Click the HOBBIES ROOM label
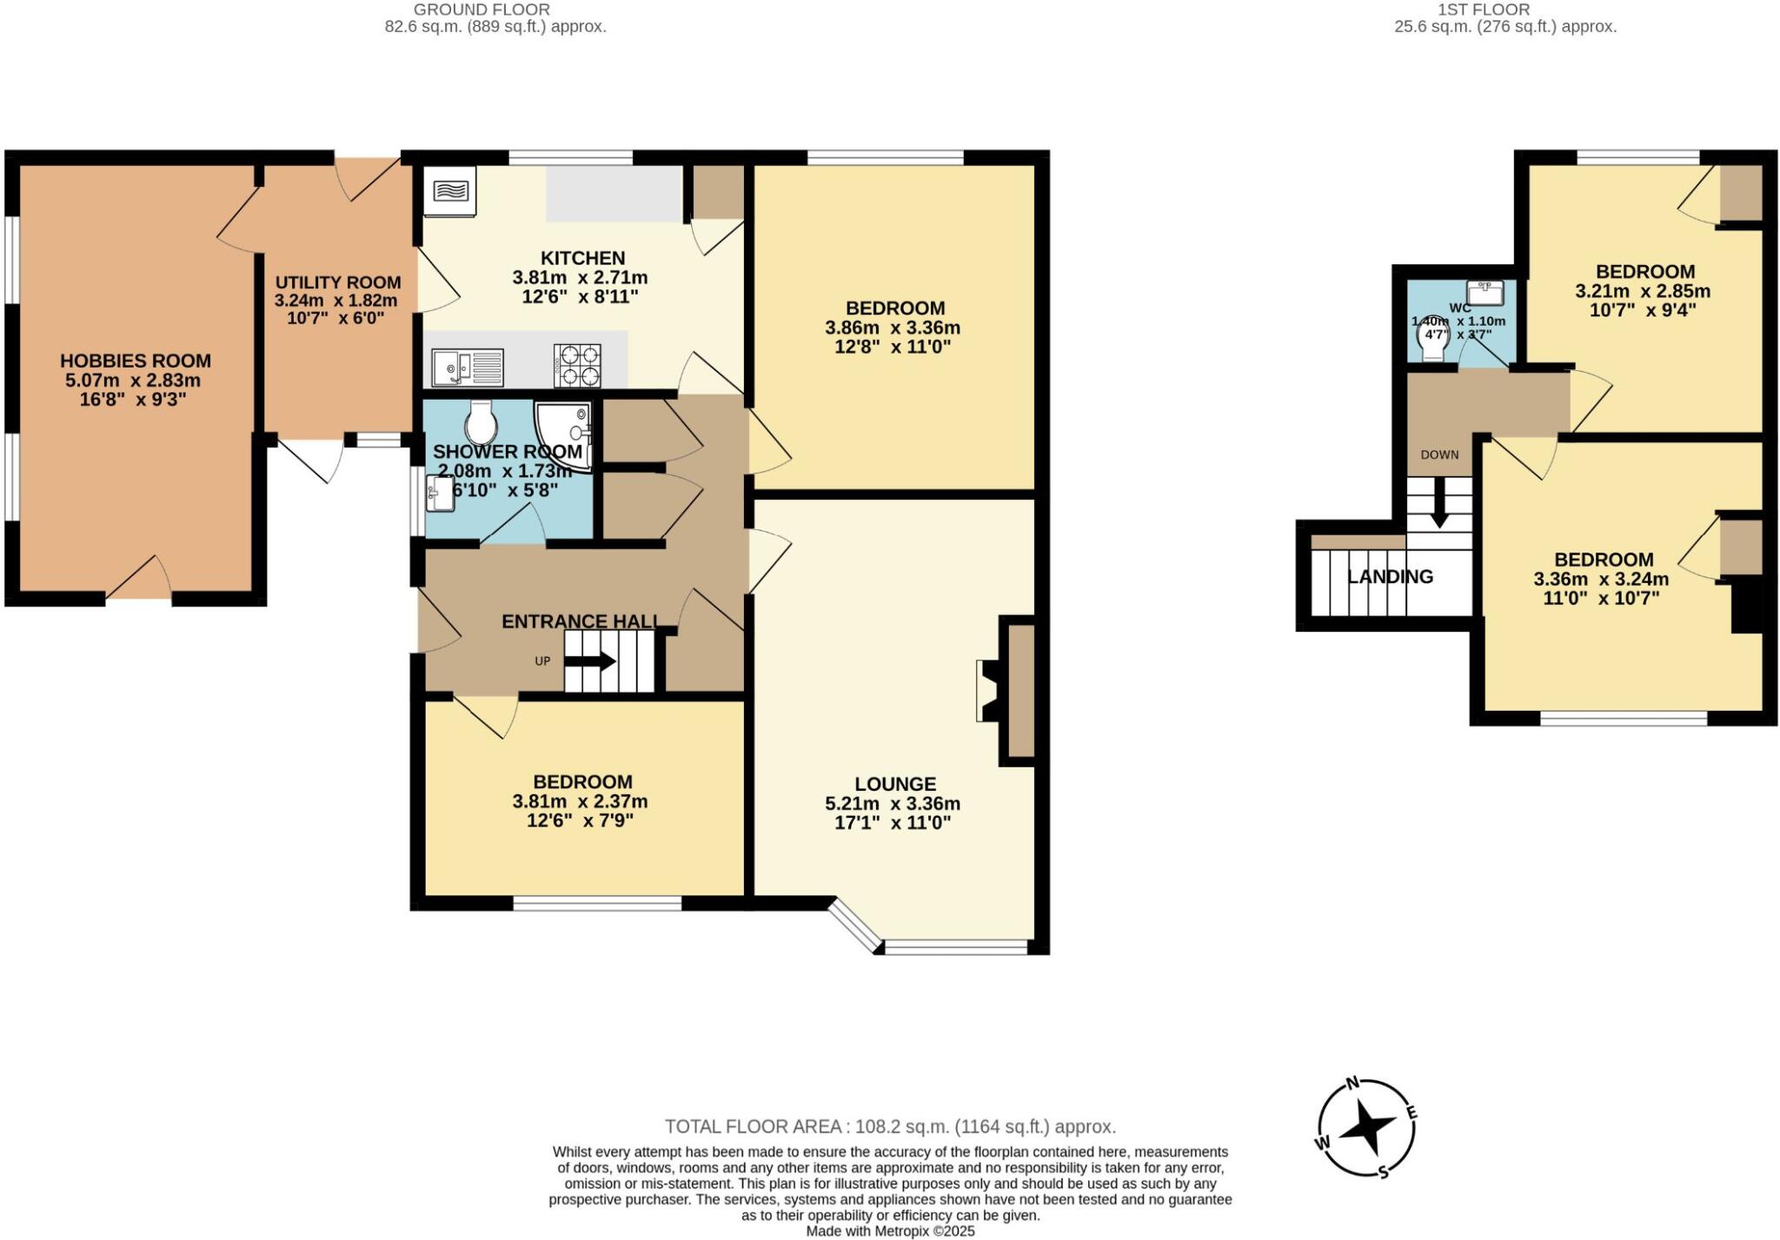[135, 361]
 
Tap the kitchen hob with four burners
[577, 366]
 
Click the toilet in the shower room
[480, 423]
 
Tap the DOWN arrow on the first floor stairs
[1439, 503]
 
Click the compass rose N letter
[1352, 1083]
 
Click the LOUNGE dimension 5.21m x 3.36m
[893, 804]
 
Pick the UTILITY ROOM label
[338, 282]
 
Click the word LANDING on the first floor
[1390, 577]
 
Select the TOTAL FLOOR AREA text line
[890, 1127]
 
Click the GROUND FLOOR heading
[482, 10]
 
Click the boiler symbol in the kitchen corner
[450, 190]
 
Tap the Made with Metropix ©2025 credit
[890, 1231]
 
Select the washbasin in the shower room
[440, 494]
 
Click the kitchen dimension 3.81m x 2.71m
[580, 278]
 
